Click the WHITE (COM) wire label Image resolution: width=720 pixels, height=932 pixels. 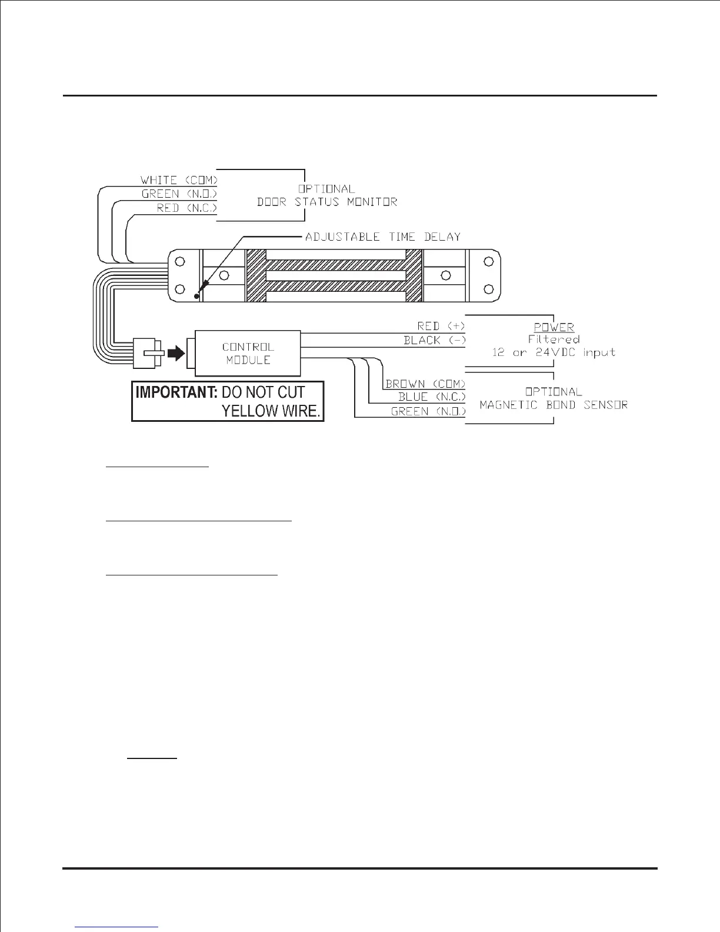(x=179, y=179)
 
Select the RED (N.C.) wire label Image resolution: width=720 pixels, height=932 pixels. (x=186, y=208)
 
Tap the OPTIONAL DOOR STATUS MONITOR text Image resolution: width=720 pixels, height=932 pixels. (x=326, y=195)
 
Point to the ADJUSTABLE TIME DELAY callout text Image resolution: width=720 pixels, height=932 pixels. (x=383, y=237)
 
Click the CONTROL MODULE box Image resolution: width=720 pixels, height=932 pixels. (x=248, y=353)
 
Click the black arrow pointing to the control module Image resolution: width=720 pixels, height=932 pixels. (x=175, y=354)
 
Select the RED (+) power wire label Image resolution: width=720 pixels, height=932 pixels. (x=441, y=326)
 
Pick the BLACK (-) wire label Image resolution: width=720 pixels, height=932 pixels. (x=434, y=340)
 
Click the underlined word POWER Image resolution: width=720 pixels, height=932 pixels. (x=554, y=327)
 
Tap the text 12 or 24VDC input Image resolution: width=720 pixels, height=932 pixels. (x=554, y=352)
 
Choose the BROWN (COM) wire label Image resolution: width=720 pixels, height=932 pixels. (x=425, y=384)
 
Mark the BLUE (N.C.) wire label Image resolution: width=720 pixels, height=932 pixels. (x=431, y=397)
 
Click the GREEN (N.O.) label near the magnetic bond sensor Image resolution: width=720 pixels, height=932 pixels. (x=428, y=411)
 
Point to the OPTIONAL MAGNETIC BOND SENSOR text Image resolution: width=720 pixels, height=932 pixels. (x=554, y=398)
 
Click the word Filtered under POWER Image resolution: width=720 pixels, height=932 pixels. (x=554, y=339)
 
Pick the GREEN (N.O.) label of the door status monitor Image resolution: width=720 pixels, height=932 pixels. (x=179, y=194)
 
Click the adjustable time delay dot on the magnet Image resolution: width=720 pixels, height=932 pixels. (x=196, y=297)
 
